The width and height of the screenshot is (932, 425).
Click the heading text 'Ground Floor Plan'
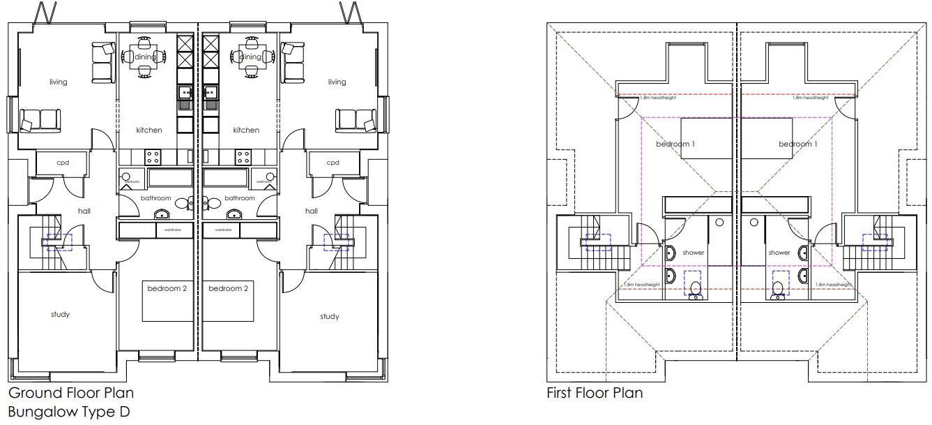(71, 394)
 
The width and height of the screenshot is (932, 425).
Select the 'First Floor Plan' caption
(594, 394)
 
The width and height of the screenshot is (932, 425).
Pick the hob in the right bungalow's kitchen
(243, 156)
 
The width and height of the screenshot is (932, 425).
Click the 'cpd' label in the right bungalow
(333, 163)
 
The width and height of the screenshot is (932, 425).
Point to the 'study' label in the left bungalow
(60, 314)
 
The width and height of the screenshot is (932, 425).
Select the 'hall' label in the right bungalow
(312, 211)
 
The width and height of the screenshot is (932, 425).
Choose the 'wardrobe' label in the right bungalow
(223, 230)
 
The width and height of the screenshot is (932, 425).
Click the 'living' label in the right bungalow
(337, 82)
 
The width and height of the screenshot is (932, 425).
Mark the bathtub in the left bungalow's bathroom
(170, 178)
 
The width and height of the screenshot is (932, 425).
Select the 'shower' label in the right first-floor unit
(779, 253)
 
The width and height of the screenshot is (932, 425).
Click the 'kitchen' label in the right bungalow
(246, 130)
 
